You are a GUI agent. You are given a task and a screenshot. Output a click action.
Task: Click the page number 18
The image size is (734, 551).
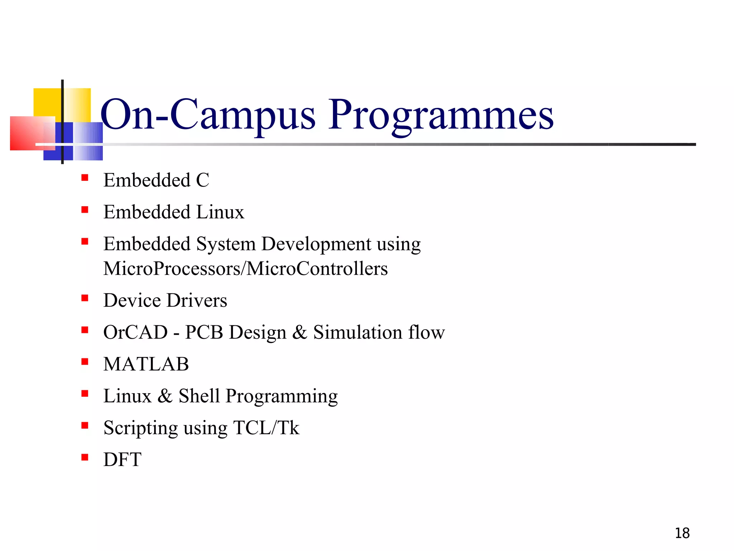tap(682, 533)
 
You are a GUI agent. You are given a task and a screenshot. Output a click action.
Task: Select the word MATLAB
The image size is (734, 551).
tap(146, 364)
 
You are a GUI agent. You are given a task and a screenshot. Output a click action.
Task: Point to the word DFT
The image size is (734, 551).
tap(122, 460)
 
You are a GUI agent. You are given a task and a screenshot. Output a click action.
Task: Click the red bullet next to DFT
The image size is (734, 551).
tap(85, 457)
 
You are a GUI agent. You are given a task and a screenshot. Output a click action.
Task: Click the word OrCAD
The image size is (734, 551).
tap(135, 332)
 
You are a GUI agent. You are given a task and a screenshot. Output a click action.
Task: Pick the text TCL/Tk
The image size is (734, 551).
tap(266, 428)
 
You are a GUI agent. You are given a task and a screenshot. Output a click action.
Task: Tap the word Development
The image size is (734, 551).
tap(316, 244)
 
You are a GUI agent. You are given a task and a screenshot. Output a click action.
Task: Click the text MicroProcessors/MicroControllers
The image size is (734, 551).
tap(246, 269)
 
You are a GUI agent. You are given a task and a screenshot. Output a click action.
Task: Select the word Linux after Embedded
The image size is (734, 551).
tap(220, 212)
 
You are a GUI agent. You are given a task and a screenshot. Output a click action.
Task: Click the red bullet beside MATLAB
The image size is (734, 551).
tap(85, 362)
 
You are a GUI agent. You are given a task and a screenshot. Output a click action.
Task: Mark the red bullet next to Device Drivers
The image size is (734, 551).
tap(85, 298)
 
